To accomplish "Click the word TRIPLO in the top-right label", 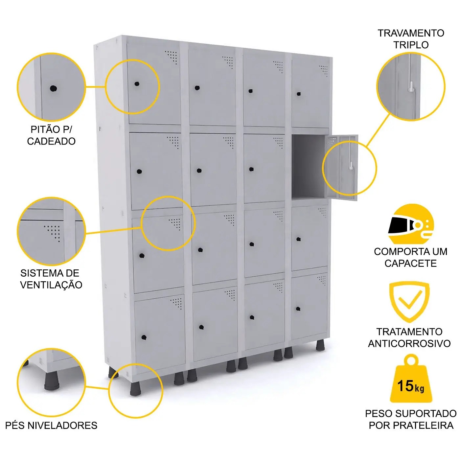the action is (x=411, y=45).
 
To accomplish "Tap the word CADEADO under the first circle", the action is (x=51, y=141).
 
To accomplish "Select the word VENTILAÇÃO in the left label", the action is (x=51, y=285).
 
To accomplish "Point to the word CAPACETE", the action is (x=411, y=263).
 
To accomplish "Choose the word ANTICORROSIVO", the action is (x=409, y=343).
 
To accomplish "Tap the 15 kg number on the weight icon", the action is (x=410, y=386).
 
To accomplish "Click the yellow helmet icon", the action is (x=411, y=224).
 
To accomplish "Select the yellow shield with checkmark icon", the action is (x=409, y=302).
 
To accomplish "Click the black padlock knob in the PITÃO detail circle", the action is (x=53, y=89).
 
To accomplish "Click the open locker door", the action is (x=342, y=168).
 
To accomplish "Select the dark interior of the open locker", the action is (x=309, y=167).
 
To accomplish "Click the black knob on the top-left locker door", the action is (x=137, y=84).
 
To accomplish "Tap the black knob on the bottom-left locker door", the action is (x=144, y=337).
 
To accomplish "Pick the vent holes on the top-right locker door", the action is (x=324, y=71).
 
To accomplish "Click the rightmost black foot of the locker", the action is (x=320, y=345).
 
